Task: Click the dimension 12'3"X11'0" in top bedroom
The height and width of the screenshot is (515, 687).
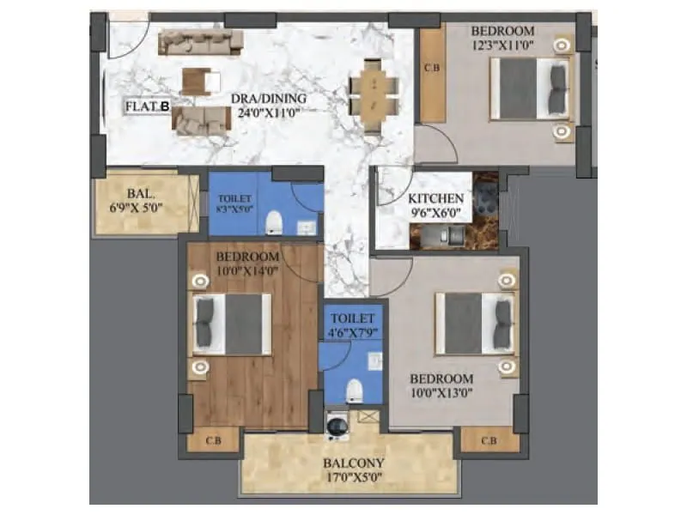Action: (x=503, y=47)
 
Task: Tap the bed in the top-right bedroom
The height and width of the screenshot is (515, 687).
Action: (x=530, y=88)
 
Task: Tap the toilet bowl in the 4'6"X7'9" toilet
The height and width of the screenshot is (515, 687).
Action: (x=353, y=391)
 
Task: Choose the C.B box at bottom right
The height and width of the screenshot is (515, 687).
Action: (x=489, y=441)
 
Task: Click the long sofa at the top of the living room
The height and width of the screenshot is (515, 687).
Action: (x=201, y=39)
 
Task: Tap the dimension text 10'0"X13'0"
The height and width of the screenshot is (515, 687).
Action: (x=441, y=394)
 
